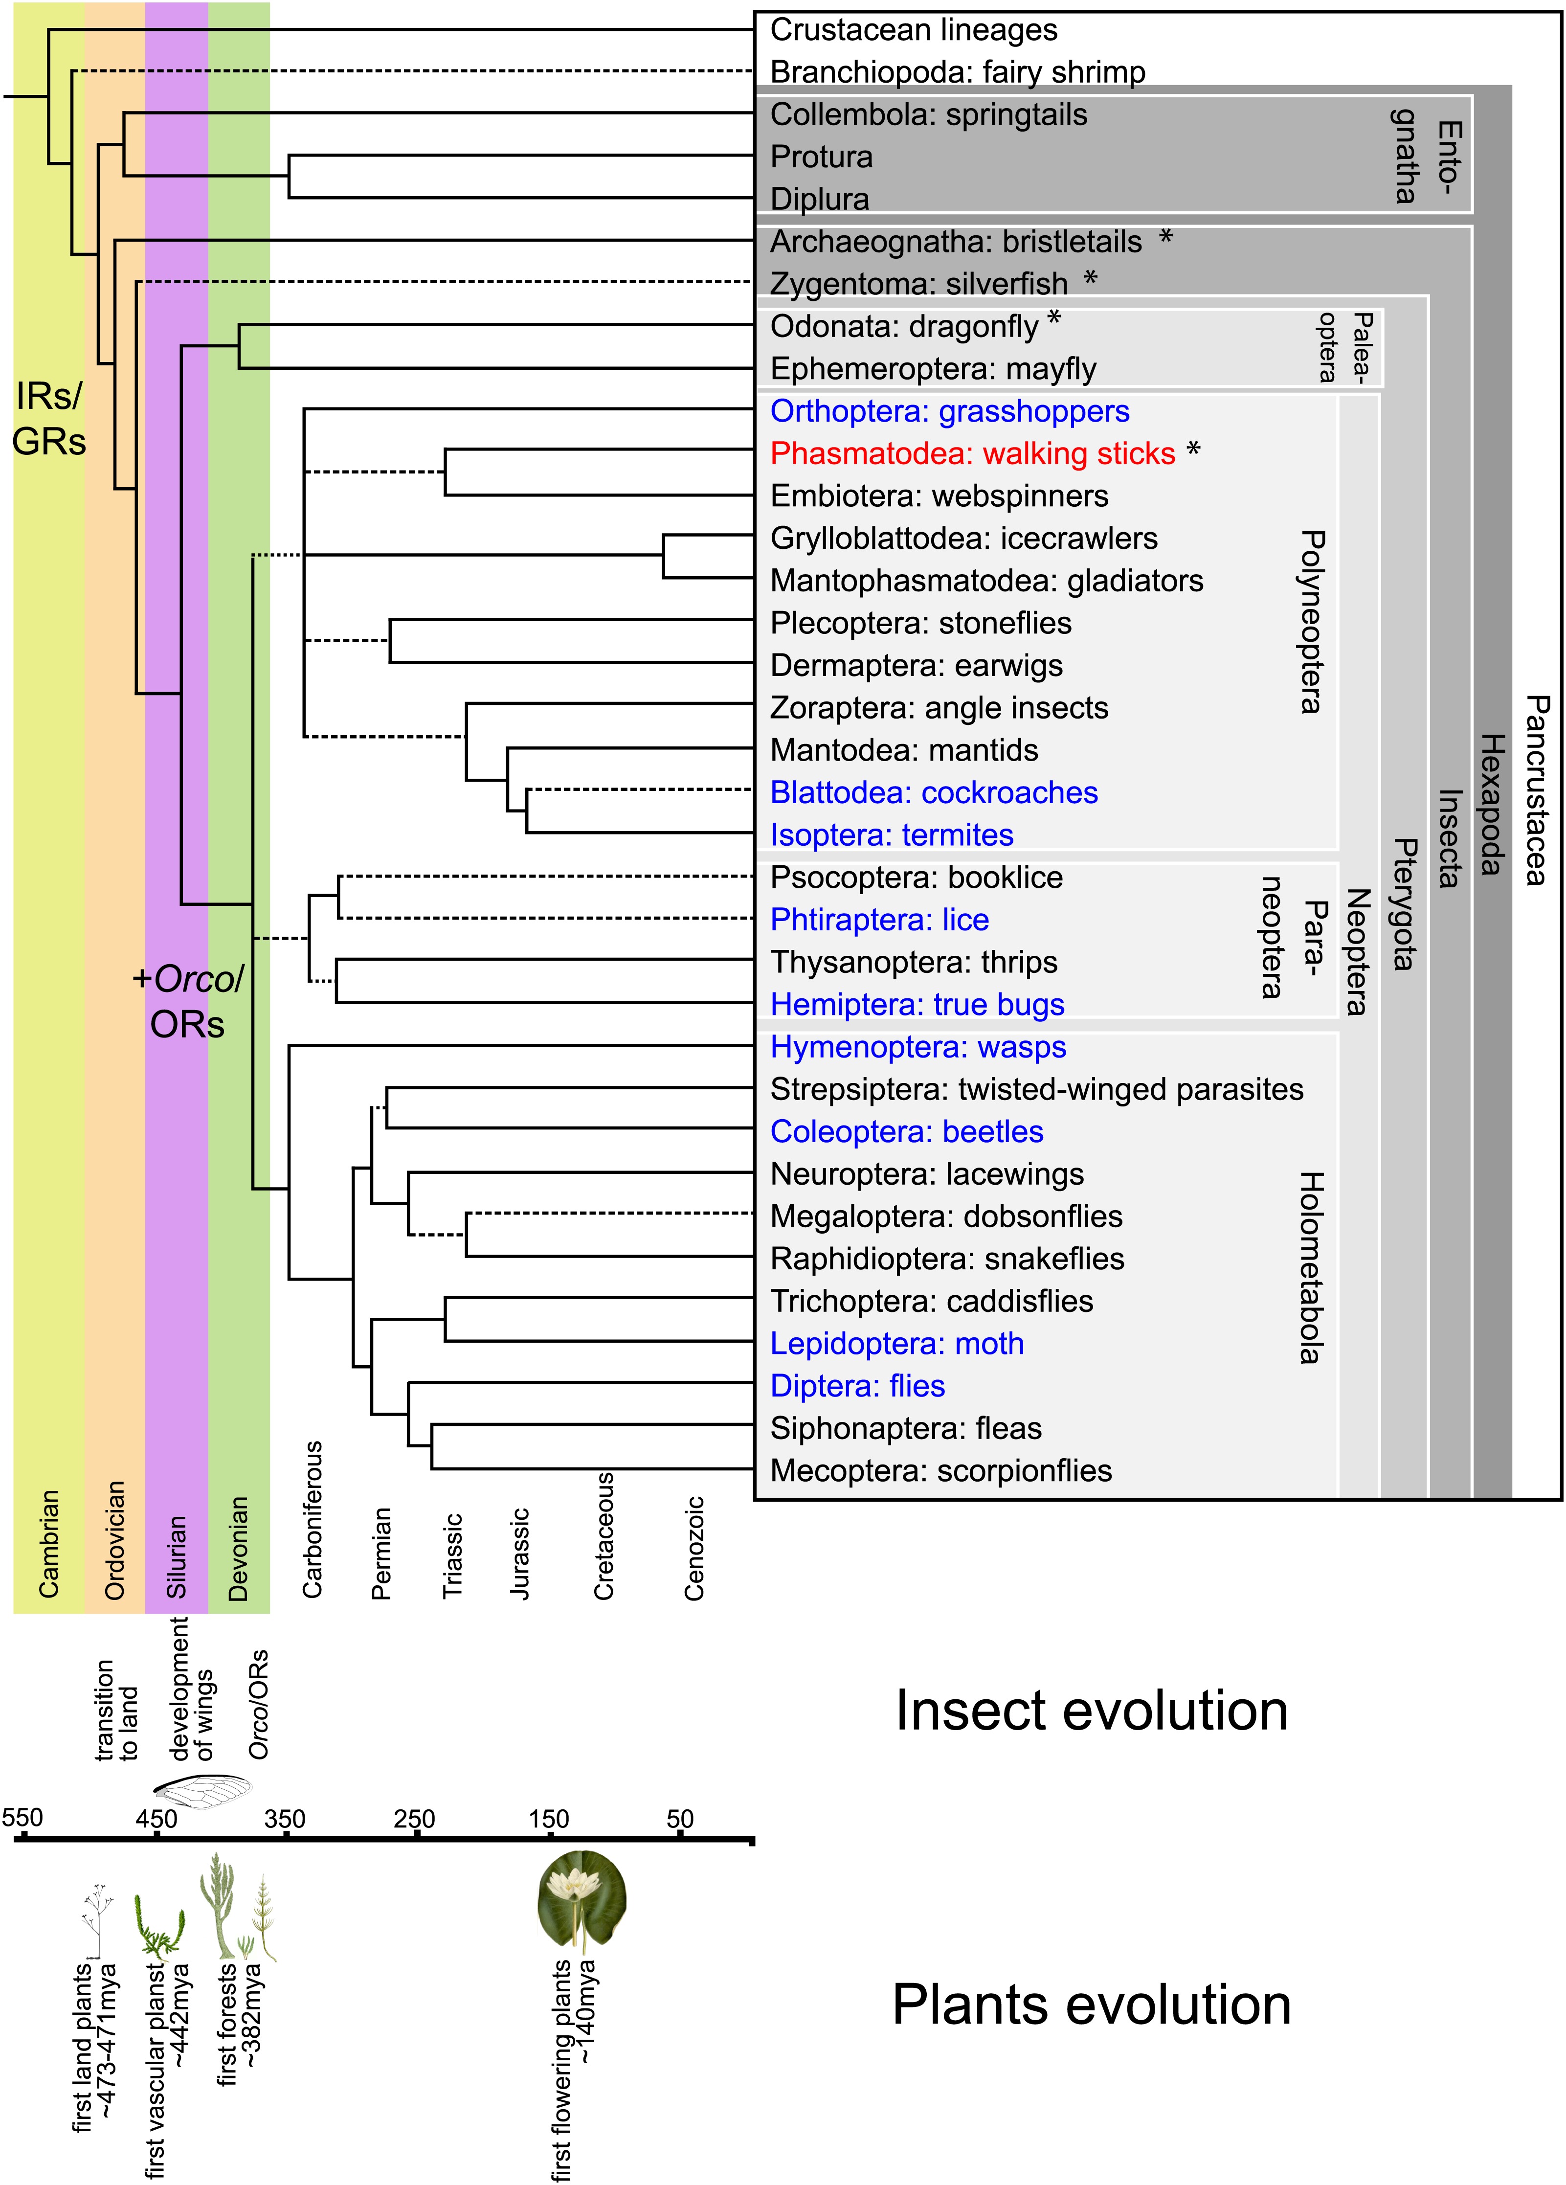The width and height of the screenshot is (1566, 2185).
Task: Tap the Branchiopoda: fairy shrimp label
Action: [x=957, y=72]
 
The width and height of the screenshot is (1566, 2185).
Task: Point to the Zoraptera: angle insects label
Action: [x=939, y=708]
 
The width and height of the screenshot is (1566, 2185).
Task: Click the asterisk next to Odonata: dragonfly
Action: [x=1054, y=318]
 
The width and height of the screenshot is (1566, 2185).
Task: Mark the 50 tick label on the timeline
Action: [x=680, y=1819]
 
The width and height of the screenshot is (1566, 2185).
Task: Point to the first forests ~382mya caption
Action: [x=239, y=2023]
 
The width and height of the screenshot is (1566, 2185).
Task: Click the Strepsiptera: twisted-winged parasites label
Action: [x=1036, y=1090]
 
